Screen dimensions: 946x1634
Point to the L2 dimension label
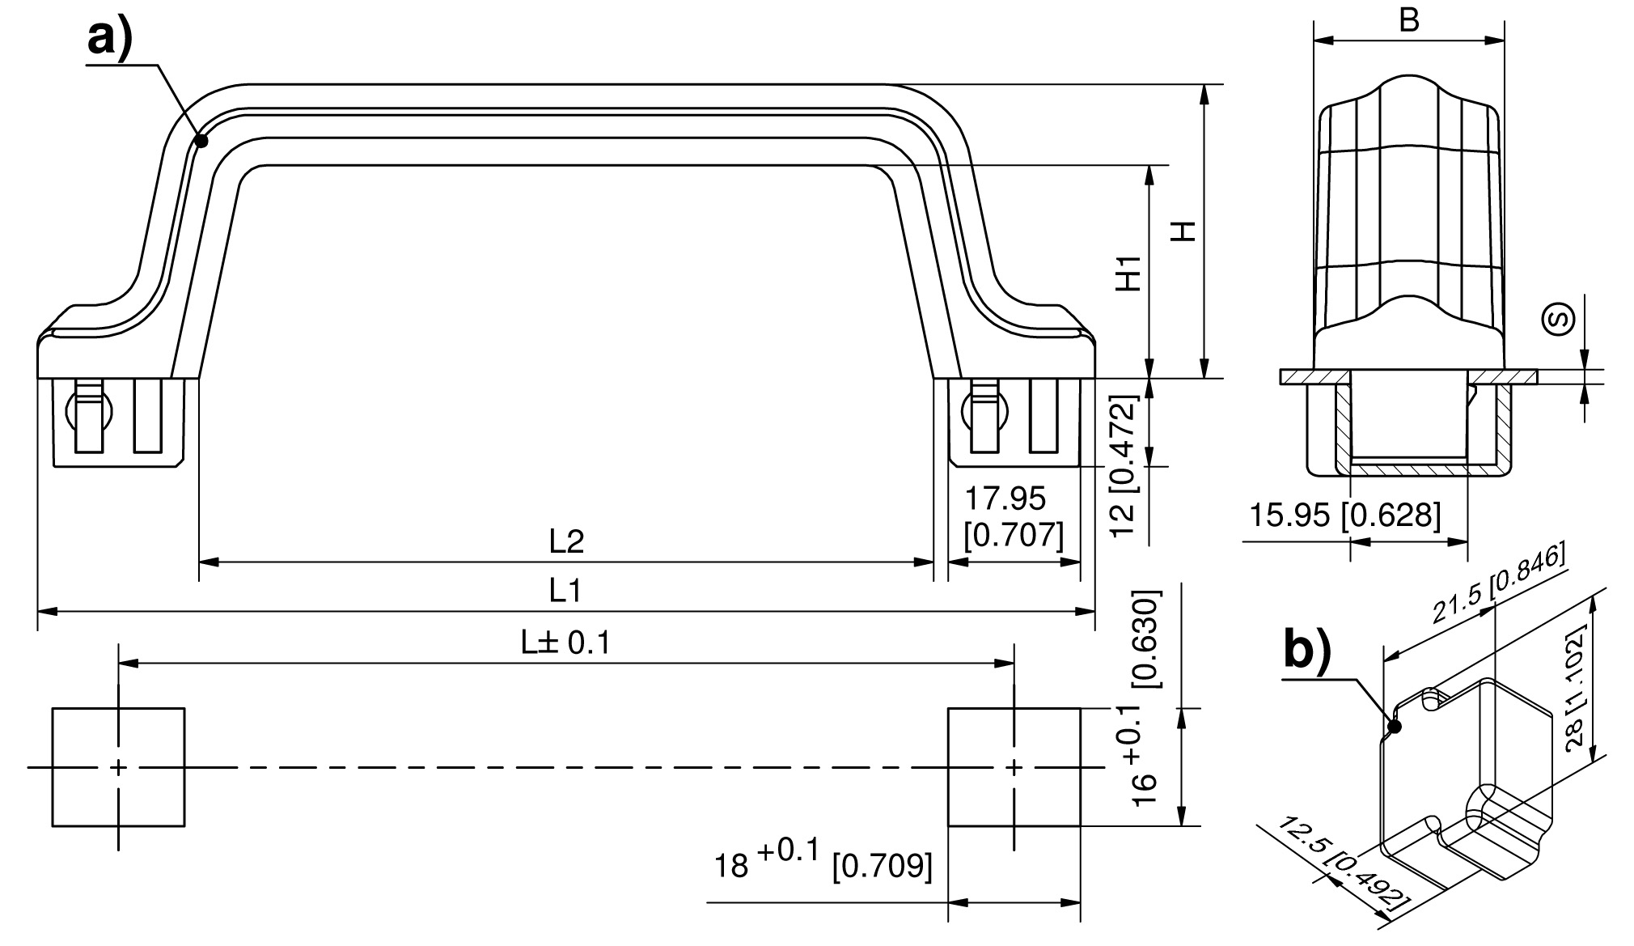pyautogui.click(x=566, y=541)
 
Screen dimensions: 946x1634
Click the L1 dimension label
pyautogui.click(x=565, y=591)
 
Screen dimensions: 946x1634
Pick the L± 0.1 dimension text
pyautogui.click(x=565, y=643)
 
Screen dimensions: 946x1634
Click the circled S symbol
pyautogui.click(x=1557, y=319)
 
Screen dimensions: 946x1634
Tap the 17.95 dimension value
pyautogui.click(x=1005, y=499)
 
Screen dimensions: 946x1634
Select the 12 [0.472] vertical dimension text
pyautogui.click(x=1124, y=465)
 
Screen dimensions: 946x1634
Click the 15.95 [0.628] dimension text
pyautogui.click(x=1345, y=515)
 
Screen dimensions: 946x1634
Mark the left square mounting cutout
pyautogui.click(x=119, y=767)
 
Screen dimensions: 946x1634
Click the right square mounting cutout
pyautogui.click(x=1014, y=767)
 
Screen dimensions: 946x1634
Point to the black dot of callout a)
pyautogui.click(x=201, y=141)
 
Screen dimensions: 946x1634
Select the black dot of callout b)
pyautogui.click(x=1393, y=726)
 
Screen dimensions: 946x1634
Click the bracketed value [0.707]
pyautogui.click(x=1014, y=535)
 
